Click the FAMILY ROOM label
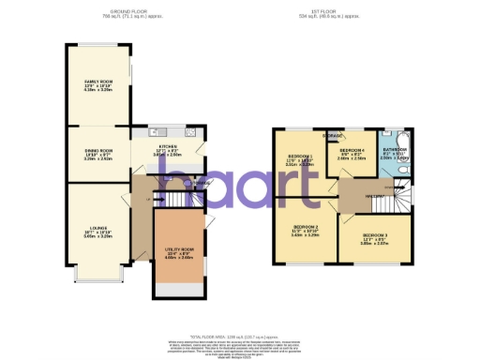pyautogui.click(x=98, y=82)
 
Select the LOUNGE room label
pyautogui.click(x=98, y=228)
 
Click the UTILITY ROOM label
pyautogui.click(x=178, y=248)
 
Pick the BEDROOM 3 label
pyautogui.click(x=374, y=233)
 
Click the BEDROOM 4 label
pyautogui.click(x=352, y=150)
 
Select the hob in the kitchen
pyautogui.click(x=192, y=132)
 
